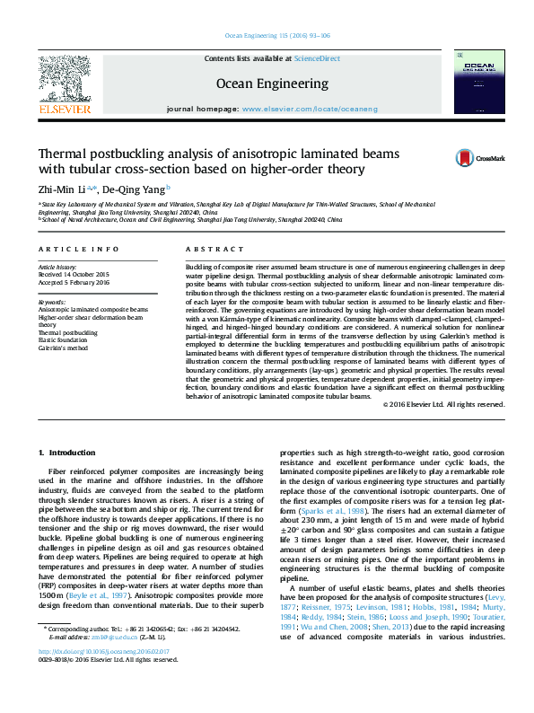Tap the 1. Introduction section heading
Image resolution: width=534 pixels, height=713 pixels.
(x=73, y=452)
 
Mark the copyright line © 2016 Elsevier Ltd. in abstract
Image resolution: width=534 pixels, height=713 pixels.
(x=443, y=405)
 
